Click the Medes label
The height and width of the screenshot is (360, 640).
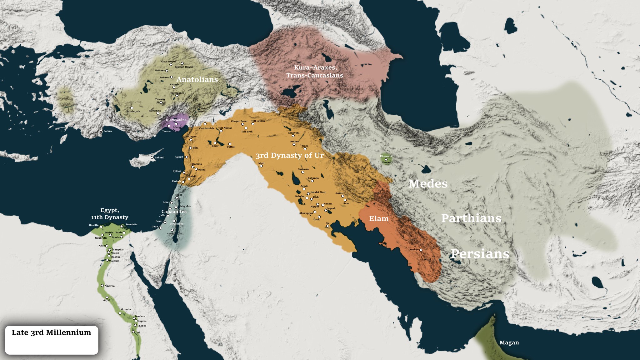click(x=428, y=184)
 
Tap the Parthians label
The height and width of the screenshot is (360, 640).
click(x=471, y=218)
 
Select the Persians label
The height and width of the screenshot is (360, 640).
click(x=480, y=254)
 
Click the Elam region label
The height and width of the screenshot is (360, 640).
click(x=379, y=218)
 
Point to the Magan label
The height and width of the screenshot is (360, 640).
click(x=509, y=342)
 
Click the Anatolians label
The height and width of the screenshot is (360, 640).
click(x=197, y=79)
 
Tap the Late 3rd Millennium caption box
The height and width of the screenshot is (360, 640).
click(x=52, y=340)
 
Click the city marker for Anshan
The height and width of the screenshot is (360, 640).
click(x=421, y=250)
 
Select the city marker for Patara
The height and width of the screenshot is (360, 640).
click(x=101, y=130)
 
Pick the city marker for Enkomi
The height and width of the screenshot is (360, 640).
click(x=152, y=157)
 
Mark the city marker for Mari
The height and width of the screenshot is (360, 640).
click(x=261, y=166)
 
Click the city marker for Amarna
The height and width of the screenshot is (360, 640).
click(x=102, y=285)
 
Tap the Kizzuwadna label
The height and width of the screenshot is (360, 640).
click(x=176, y=120)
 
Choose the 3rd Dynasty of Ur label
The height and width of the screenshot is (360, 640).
click(x=289, y=155)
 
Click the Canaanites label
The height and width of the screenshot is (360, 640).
click(x=174, y=212)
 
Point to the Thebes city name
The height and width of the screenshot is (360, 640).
click(x=142, y=326)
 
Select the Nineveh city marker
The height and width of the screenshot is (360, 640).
click(x=293, y=136)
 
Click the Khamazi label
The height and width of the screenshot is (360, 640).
click(x=386, y=156)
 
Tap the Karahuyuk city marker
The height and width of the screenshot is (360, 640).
click(x=132, y=108)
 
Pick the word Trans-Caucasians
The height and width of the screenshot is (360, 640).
click(x=314, y=75)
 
